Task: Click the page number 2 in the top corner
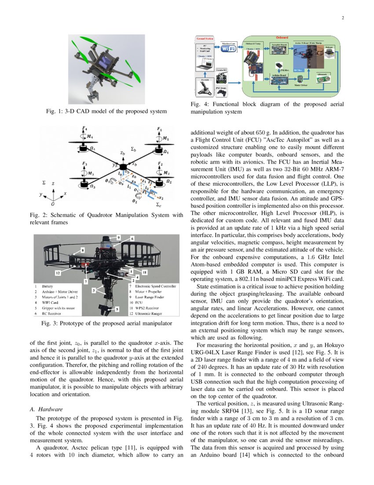[342, 18]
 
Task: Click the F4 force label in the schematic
[85, 128]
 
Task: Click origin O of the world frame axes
[53, 205]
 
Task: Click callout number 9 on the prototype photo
[118, 238]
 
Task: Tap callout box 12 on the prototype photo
[57, 273]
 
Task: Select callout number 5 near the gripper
[116, 310]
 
